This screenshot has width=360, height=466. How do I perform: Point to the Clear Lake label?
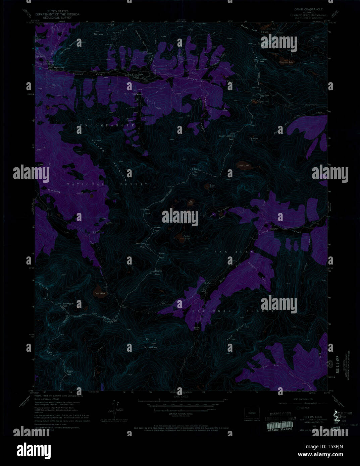coord(243,165)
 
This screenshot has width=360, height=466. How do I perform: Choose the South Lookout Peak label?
coord(226,137)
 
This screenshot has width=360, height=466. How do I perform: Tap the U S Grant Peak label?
coord(195,170)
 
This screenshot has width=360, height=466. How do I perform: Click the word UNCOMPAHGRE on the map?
coord(108,125)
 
